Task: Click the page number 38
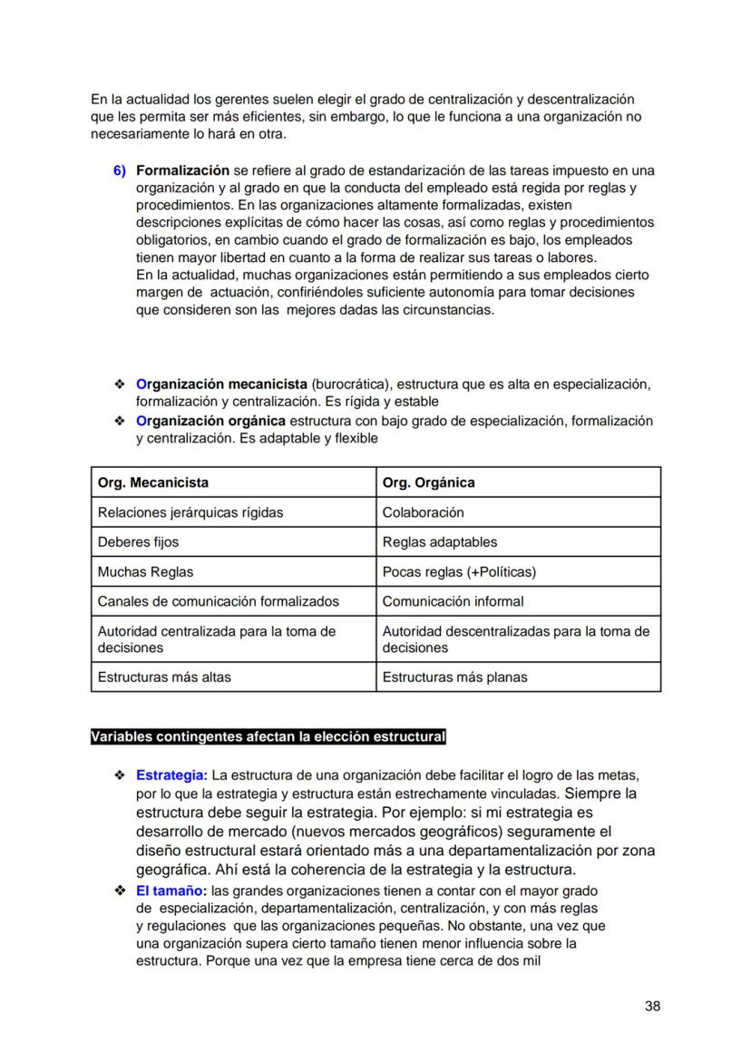(652, 1006)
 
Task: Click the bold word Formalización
(182, 170)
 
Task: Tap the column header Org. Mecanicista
(152, 482)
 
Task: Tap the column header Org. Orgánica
(428, 482)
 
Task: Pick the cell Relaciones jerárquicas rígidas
(190, 512)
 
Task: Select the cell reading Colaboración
(423, 512)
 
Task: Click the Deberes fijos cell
(138, 542)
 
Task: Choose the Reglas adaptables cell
(440, 542)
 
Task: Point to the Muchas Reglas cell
(145, 572)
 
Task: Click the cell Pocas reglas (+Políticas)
(459, 572)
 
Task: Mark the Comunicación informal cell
(453, 601)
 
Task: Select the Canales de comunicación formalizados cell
(218, 601)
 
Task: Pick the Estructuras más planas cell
(454, 677)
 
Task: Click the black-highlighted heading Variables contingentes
(268, 736)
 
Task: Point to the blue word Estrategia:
(171, 775)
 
